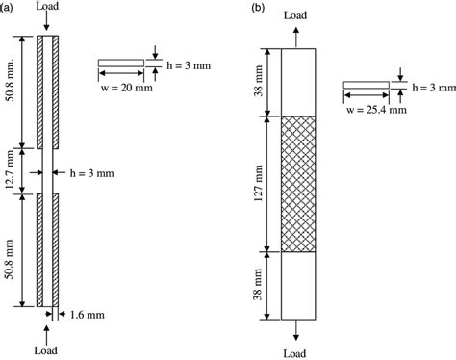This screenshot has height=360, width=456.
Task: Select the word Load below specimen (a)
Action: [x=45, y=352]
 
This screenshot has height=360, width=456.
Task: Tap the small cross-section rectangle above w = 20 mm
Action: [x=121, y=64]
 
